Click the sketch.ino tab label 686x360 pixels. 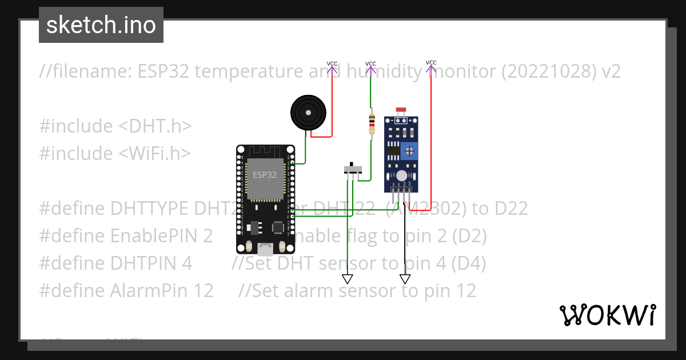[101, 25]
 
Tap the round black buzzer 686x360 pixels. [309, 113]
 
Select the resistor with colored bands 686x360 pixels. [372, 125]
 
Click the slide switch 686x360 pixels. [353, 169]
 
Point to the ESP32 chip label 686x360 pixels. [265, 175]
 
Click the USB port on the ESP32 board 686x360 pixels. [265, 249]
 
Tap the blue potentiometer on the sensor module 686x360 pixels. [410, 151]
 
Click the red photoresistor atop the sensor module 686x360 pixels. [401, 110]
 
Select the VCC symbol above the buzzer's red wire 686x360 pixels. [332, 67]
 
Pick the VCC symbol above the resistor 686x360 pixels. [370, 67]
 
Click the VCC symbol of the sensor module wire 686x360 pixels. [431, 66]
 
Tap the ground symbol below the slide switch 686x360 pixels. [347, 279]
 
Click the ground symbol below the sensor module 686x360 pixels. [405, 279]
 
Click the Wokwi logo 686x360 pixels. [607, 315]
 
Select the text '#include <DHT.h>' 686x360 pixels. [115, 126]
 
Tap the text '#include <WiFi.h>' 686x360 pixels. [115, 153]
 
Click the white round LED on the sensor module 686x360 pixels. [402, 176]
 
